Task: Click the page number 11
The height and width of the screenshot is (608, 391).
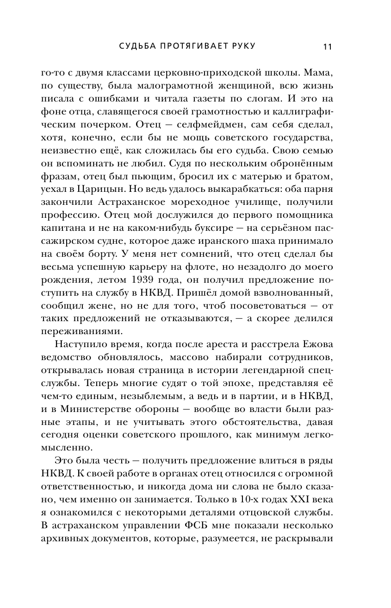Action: click(328, 46)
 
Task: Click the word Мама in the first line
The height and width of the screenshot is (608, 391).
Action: click(320, 73)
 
